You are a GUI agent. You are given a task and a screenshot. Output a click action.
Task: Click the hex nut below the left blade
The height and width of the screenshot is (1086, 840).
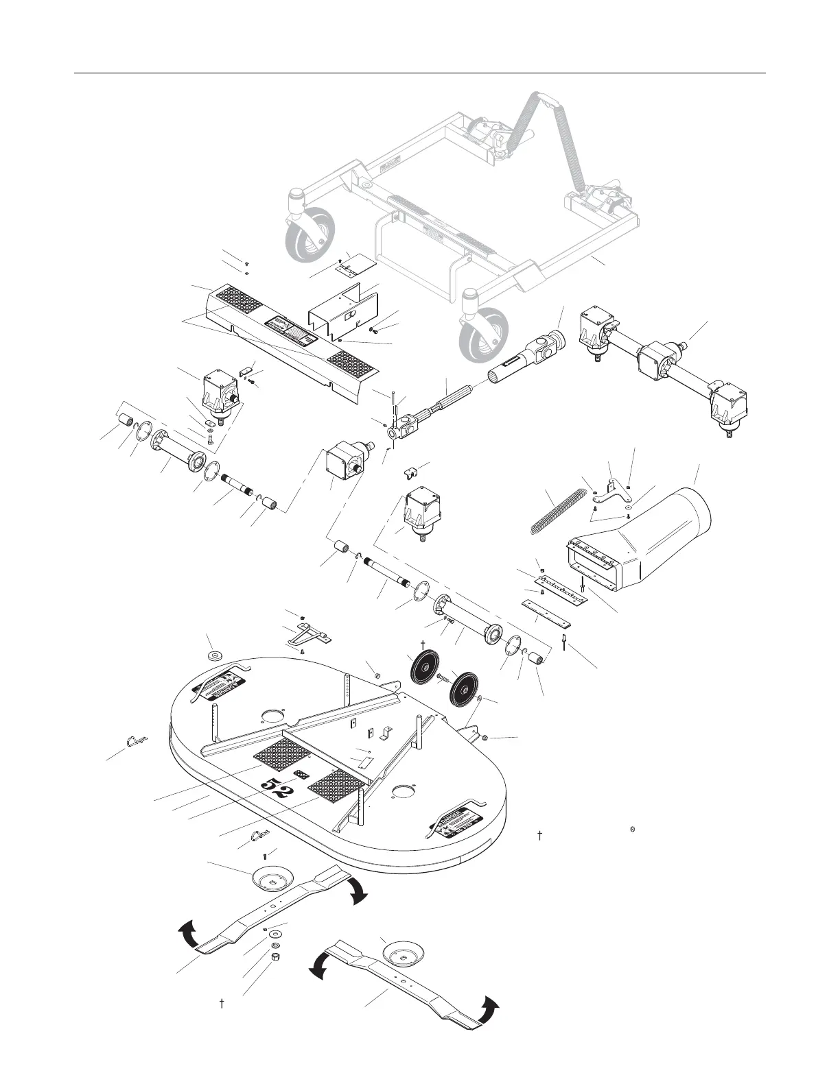pos(275,956)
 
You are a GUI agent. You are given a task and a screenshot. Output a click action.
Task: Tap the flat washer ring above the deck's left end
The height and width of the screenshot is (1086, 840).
pos(214,656)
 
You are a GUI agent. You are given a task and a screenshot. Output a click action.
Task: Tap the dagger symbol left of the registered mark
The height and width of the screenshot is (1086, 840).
pos(540,835)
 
